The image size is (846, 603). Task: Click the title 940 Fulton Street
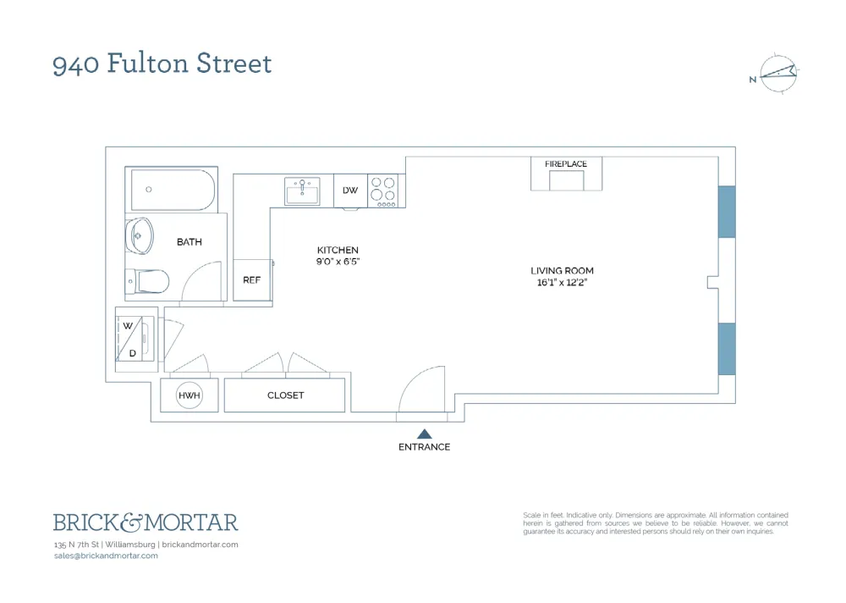tap(162, 64)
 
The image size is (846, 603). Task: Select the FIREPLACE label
tap(565, 163)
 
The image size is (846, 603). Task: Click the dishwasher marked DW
tap(350, 191)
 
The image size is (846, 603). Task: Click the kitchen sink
tap(302, 191)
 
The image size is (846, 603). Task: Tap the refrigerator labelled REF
tap(252, 279)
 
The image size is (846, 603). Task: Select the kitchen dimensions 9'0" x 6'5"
tap(338, 262)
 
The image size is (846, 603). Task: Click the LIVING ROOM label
tap(562, 271)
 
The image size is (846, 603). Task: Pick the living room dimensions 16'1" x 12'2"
tap(562, 283)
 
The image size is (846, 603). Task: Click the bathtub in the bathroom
tap(173, 190)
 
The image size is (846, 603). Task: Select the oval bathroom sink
tap(140, 236)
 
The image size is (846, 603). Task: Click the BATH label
tap(190, 242)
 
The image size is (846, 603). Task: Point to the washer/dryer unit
tap(135, 339)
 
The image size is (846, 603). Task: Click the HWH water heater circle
tap(190, 396)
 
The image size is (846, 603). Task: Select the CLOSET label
tap(285, 396)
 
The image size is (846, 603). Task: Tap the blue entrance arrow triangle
tap(425, 434)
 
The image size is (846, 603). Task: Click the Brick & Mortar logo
tap(146, 523)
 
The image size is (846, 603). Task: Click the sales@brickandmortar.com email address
tap(106, 556)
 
